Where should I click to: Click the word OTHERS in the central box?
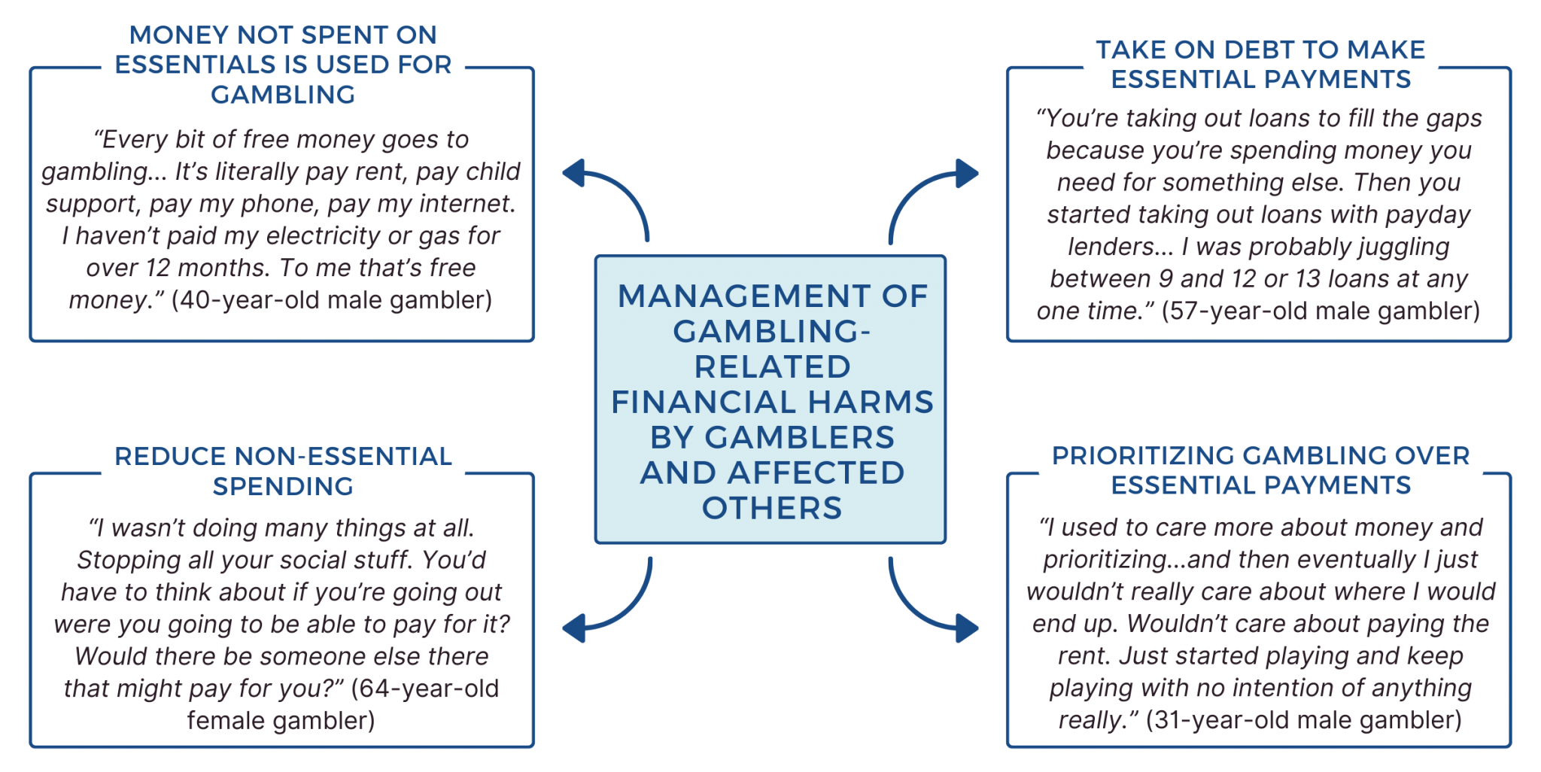(x=771, y=509)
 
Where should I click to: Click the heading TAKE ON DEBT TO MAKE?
(x=1260, y=50)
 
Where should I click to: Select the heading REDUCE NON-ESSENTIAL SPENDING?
(x=283, y=471)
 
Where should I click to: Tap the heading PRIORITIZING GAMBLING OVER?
(x=1260, y=455)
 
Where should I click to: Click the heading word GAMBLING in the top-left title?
(x=283, y=95)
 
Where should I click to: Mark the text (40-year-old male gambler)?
(x=332, y=300)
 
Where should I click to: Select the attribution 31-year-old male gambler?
(x=1304, y=720)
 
